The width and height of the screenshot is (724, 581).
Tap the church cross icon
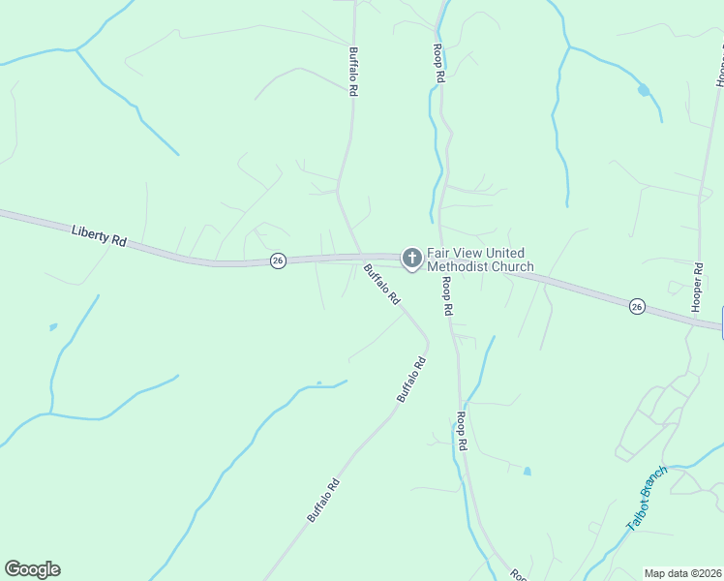pos(412,258)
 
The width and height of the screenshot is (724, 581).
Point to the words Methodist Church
pos(480,266)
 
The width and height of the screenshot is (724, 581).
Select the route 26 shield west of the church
pos(278,261)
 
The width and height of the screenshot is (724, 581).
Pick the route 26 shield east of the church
pos(636,306)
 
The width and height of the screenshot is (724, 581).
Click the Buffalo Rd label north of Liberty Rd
pos(354,72)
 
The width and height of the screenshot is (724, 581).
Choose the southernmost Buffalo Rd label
pos(323,501)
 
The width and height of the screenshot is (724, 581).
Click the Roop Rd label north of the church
pos(439,61)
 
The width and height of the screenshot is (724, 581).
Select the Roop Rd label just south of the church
pos(447,296)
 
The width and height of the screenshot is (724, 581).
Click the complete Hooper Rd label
pos(696,286)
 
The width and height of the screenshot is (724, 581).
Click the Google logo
pos(32,569)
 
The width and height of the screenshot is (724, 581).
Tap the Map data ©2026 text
pos(682,573)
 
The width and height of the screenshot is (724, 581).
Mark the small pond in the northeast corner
pos(644,91)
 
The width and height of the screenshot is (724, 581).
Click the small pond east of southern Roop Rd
pos(527,472)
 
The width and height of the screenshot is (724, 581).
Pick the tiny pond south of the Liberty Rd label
pos(52,326)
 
